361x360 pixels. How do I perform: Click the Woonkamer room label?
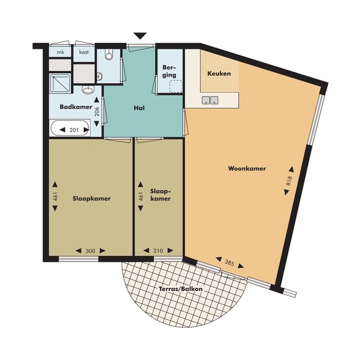point(247,169)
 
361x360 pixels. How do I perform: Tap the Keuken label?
point(219,73)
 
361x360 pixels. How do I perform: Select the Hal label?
point(140,108)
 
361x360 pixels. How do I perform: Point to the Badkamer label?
point(76,107)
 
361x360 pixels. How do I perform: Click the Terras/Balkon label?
point(180,289)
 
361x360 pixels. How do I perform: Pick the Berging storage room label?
point(169,71)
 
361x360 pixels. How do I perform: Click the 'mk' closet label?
point(61,52)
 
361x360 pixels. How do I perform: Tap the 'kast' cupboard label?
point(84,52)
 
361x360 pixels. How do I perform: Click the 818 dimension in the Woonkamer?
point(289,181)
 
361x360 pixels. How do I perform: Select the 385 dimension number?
point(230,262)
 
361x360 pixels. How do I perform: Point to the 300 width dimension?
point(90,251)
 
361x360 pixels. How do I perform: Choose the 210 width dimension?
point(158,251)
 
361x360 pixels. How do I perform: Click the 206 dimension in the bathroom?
point(97,112)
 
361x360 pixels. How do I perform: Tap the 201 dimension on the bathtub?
point(74,130)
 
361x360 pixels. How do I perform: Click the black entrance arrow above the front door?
point(140,36)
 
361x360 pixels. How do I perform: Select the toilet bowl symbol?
point(109,54)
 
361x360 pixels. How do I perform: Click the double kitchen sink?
point(210,100)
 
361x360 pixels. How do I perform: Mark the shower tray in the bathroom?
point(60,83)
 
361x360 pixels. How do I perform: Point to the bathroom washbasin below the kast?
point(88,90)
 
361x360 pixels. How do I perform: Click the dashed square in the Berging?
point(176,86)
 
